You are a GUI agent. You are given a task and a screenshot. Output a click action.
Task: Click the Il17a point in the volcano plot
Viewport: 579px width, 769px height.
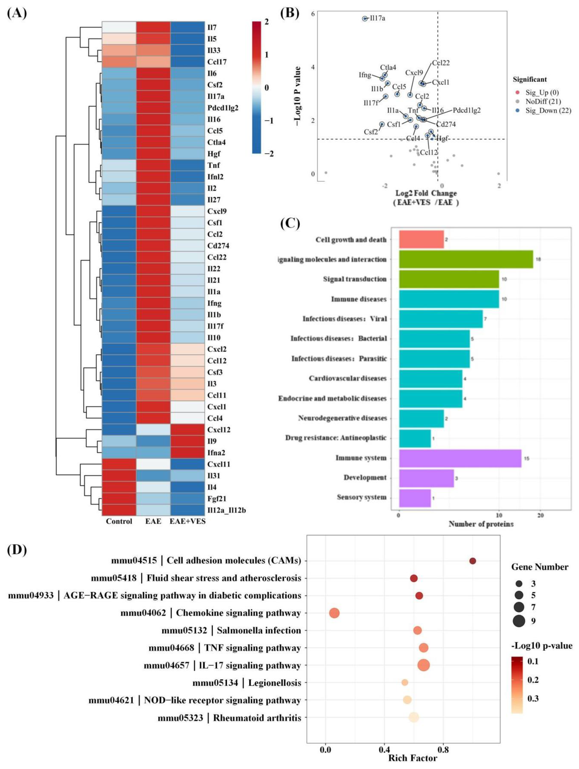tap(365, 18)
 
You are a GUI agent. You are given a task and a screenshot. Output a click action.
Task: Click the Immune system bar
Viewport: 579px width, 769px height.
tap(460, 458)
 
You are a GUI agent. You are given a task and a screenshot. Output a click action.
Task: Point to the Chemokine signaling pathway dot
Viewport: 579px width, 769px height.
tap(334, 613)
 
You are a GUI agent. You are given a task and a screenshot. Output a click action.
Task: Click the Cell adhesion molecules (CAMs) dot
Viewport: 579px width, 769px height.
tap(472, 561)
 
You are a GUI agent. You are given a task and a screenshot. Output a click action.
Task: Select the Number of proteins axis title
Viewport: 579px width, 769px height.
tap(481, 524)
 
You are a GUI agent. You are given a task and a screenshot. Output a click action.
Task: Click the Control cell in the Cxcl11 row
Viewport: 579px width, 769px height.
tap(119, 464)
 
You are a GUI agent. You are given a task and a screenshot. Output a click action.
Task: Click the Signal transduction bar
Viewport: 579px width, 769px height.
tap(449, 279)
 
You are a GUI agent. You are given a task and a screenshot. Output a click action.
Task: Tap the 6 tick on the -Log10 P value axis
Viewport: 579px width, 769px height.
tap(313, 14)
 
